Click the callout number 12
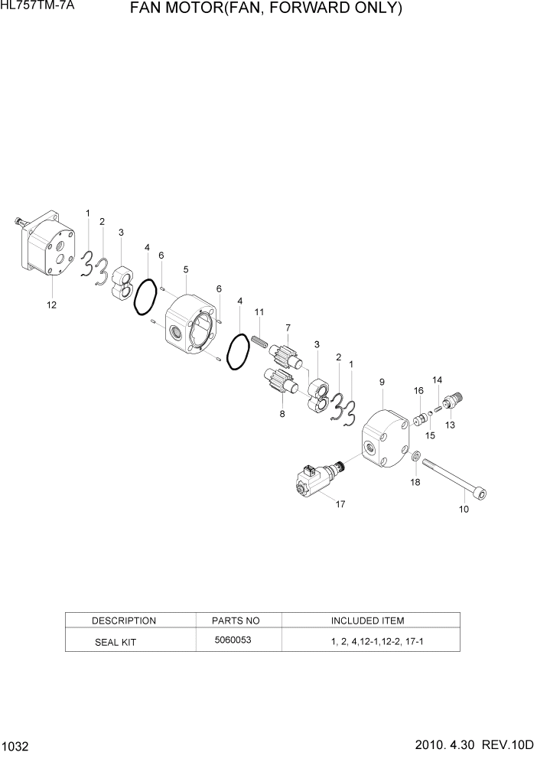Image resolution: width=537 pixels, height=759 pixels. [52, 305]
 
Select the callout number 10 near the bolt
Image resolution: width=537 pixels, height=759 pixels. [463, 509]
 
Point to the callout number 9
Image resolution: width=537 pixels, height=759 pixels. [382, 381]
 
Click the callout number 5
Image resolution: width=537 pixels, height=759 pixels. [186, 269]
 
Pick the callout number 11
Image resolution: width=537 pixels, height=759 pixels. [259, 312]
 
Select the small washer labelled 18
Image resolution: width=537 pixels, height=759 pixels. [416, 458]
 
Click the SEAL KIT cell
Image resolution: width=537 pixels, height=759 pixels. [115, 642]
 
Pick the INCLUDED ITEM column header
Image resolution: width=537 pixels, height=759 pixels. [367, 621]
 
